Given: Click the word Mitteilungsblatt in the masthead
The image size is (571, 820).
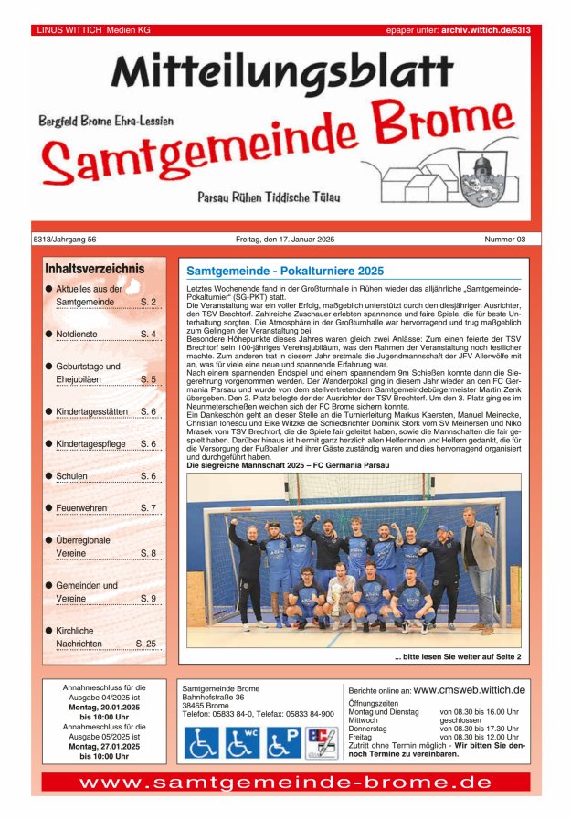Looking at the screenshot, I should [282, 71].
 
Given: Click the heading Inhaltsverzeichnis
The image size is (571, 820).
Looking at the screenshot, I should [95, 270].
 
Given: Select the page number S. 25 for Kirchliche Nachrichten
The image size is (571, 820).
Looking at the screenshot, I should [145, 644].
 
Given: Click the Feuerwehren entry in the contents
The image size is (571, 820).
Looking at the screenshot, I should [81, 507].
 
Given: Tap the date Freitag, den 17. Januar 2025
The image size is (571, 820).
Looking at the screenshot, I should [285, 240].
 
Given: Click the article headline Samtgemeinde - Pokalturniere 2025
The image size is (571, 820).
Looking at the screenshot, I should [285, 272].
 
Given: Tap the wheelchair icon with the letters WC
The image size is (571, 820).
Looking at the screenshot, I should [242, 742].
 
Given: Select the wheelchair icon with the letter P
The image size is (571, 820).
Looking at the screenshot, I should [283, 742].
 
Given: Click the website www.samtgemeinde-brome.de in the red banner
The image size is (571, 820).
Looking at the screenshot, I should [285, 783].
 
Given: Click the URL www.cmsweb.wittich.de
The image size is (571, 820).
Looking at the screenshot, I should [470, 690].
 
